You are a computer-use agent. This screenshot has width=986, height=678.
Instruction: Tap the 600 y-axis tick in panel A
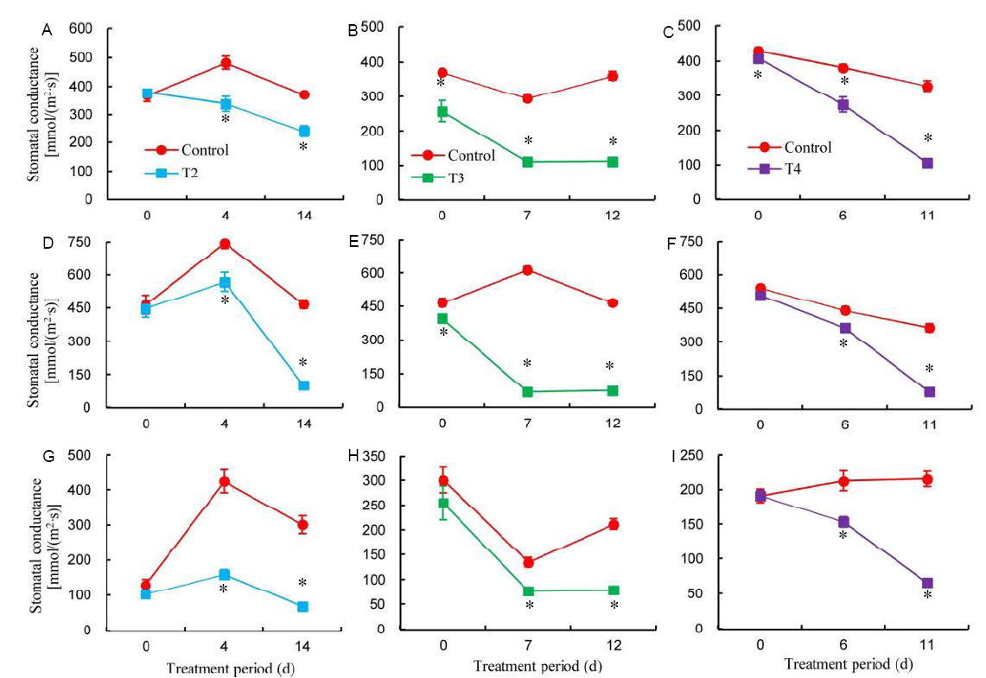coord(80,29)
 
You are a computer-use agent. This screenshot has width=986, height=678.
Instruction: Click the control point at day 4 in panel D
coord(226,244)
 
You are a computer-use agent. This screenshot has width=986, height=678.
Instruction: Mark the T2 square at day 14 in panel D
coord(303,385)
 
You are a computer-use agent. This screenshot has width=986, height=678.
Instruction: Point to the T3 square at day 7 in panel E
coord(527,391)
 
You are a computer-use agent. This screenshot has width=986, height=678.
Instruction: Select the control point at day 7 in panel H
coord(527,562)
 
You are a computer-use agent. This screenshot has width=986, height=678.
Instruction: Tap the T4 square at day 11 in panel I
coord(927,583)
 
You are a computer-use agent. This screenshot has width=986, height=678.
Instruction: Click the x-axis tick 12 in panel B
coord(612,212)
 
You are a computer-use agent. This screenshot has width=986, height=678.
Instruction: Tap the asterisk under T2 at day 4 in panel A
coord(226,119)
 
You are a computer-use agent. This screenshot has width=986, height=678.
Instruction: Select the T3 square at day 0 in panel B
coord(442,111)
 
